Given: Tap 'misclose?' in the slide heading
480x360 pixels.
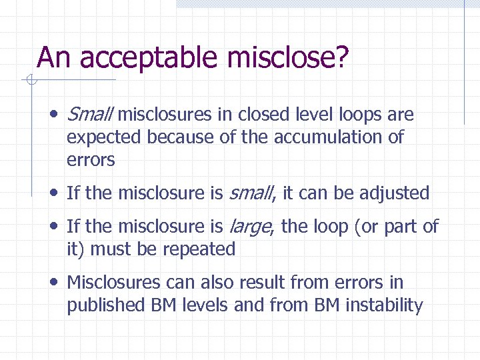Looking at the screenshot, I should tap(288, 58).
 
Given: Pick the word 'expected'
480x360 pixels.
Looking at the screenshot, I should tap(104, 137).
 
